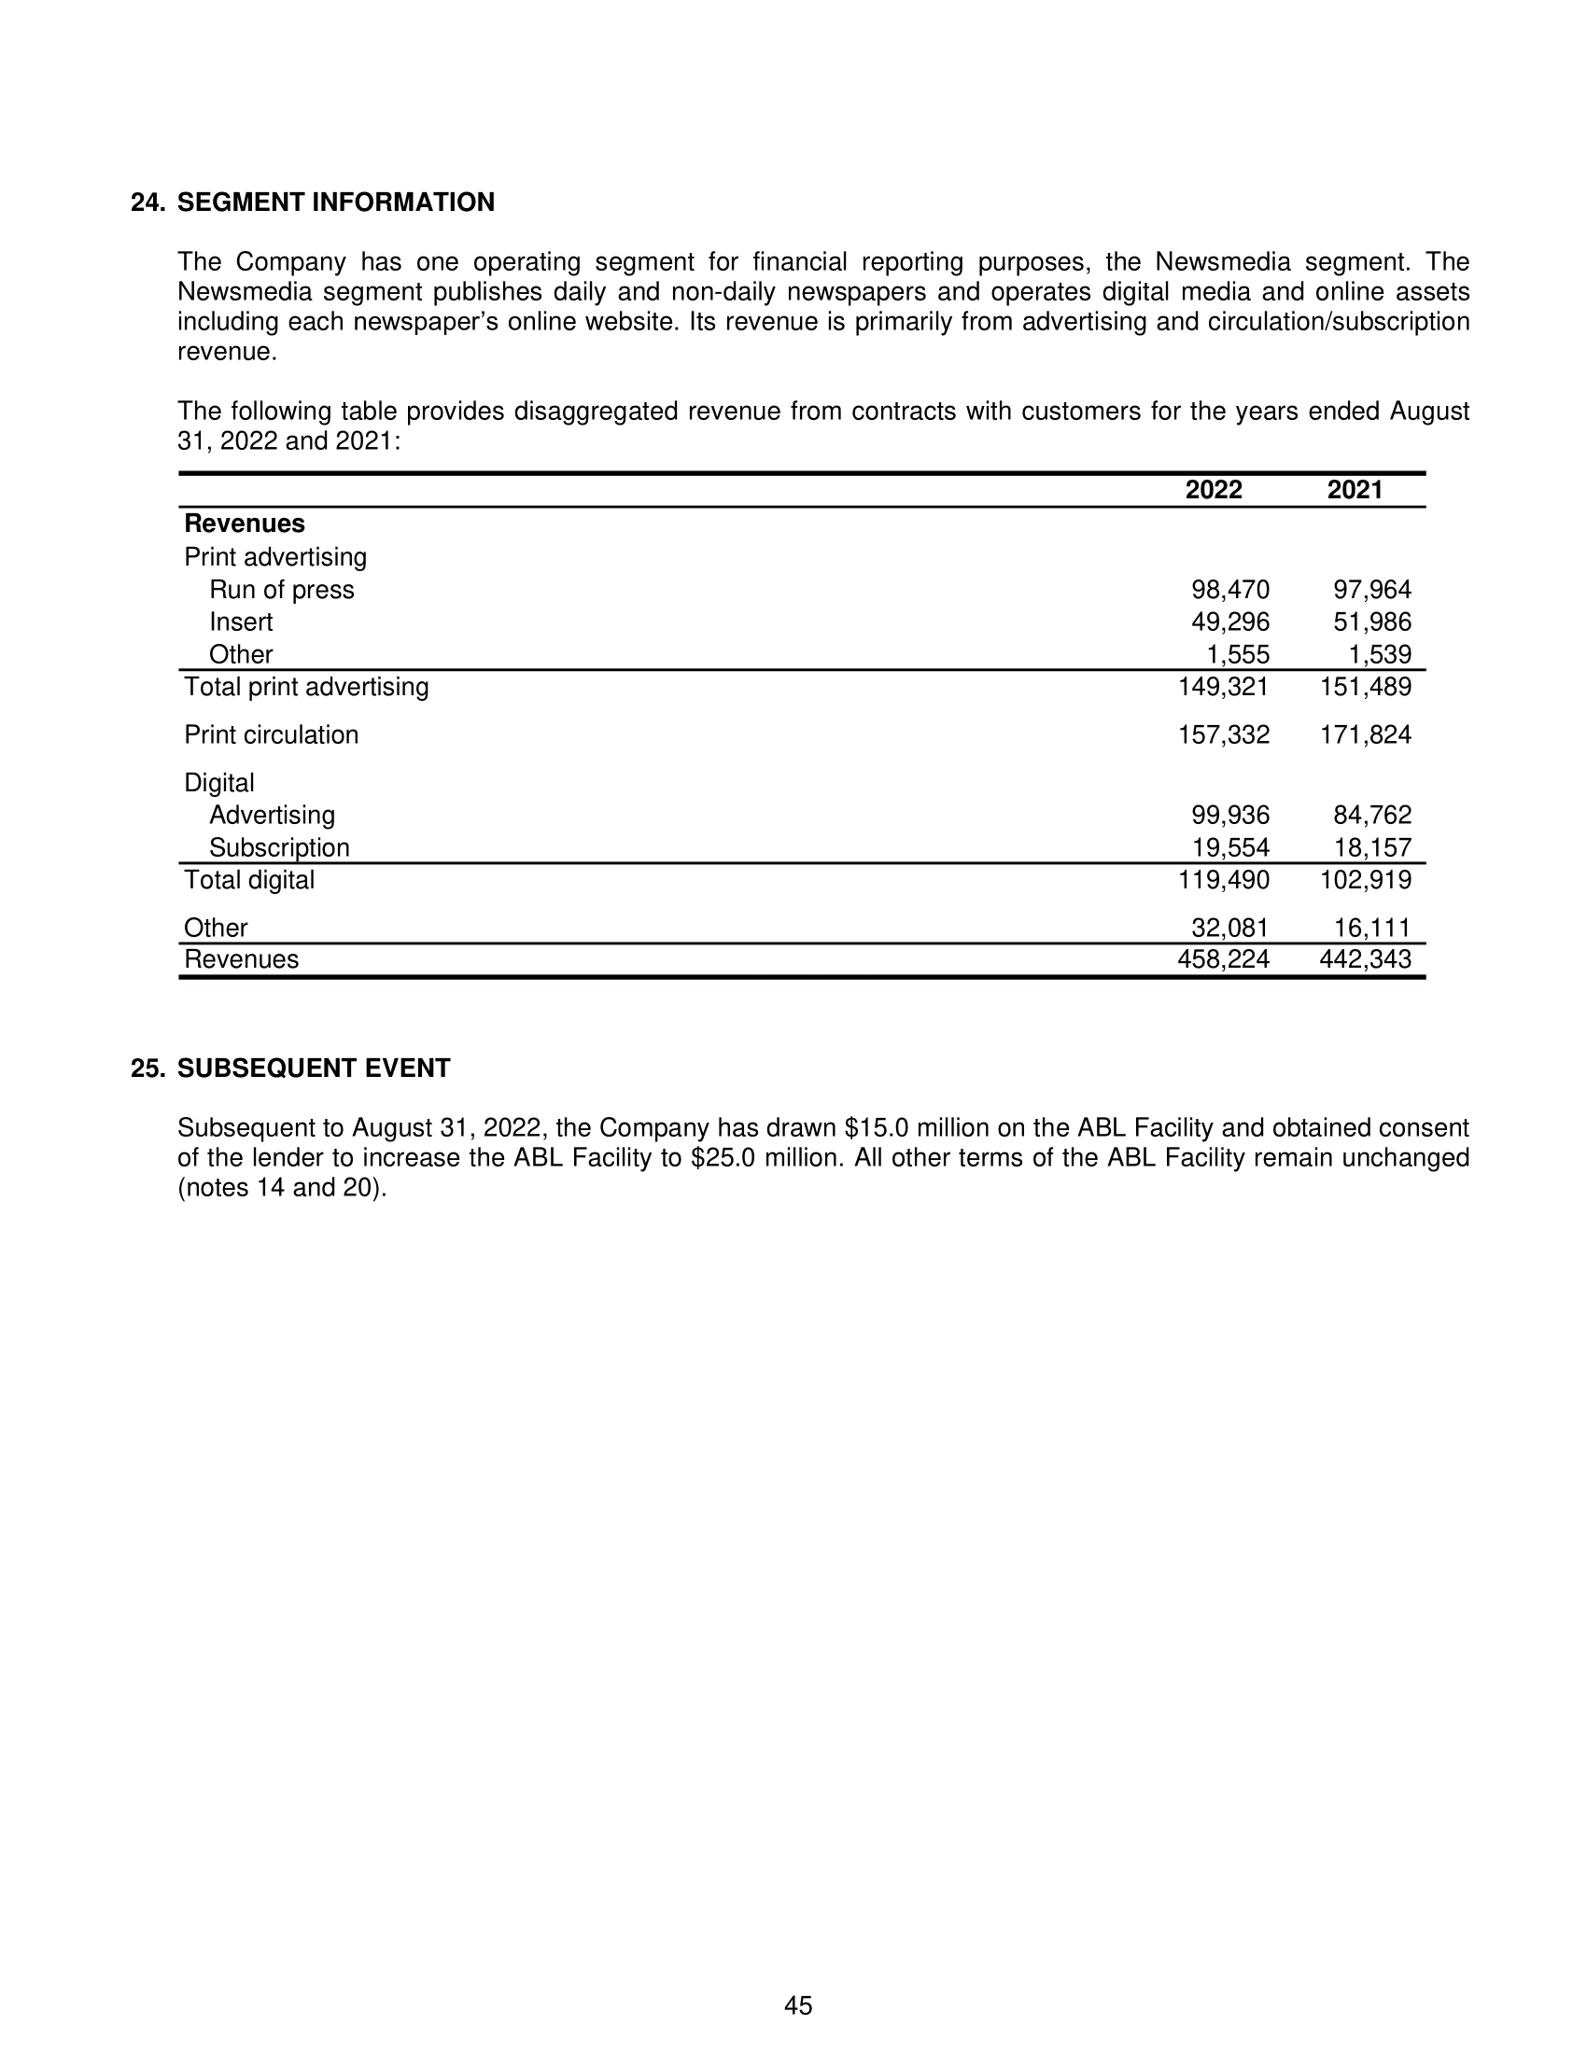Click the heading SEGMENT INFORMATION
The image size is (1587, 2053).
[x=336, y=203]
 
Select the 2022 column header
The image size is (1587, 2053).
[x=1213, y=490]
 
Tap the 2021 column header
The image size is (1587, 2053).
[x=1355, y=490]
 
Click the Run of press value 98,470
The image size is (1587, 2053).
[x=1229, y=590]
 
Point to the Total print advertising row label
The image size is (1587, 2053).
[x=306, y=687]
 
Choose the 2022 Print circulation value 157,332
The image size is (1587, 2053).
[x=1223, y=735]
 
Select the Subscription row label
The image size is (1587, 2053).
[x=279, y=848]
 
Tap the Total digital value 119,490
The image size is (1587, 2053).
[x=1223, y=880]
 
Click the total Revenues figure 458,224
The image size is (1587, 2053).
[x=1223, y=958]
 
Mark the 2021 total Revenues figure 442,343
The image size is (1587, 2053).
[x=1365, y=958]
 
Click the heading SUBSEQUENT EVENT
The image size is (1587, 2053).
[x=314, y=1068]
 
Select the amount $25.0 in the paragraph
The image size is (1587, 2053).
[x=723, y=1157]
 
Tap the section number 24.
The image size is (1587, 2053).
[x=148, y=203]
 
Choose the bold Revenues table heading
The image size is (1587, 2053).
[x=245, y=524]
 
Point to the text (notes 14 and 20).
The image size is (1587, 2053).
[x=282, y=1187]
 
